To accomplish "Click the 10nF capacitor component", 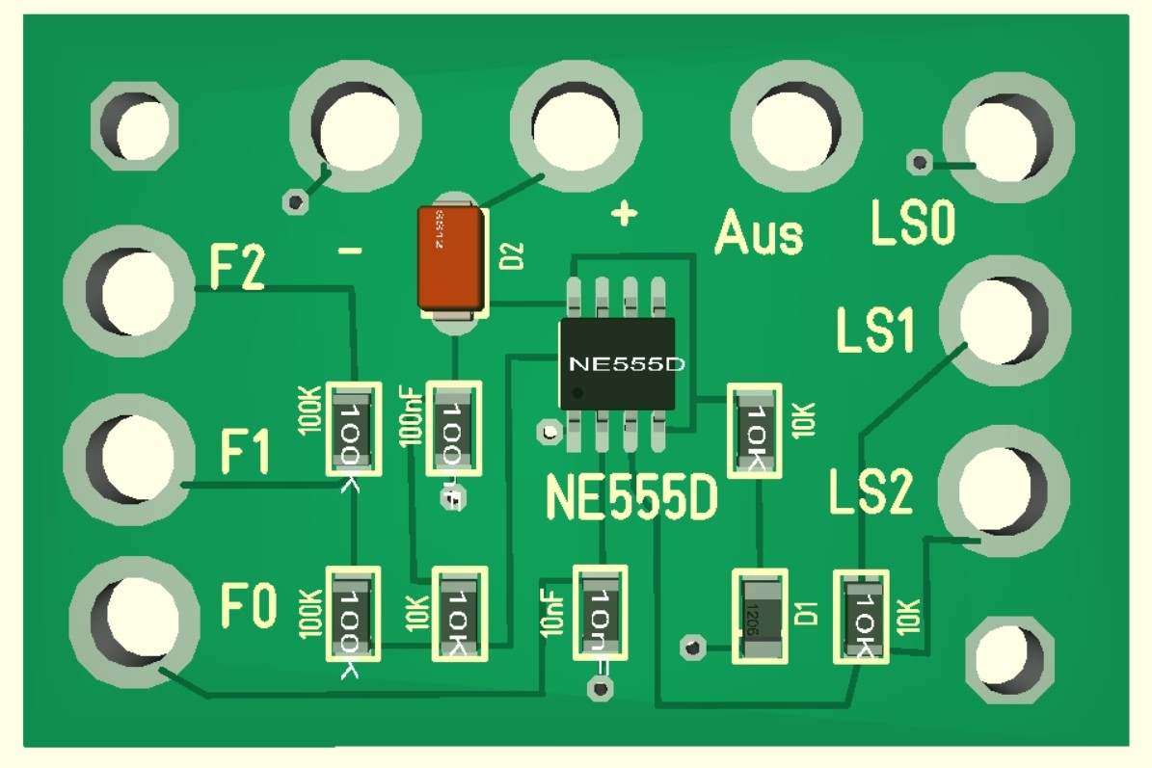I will (601, 614).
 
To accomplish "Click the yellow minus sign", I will (351, 252).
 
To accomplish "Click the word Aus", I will (759, 234).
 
